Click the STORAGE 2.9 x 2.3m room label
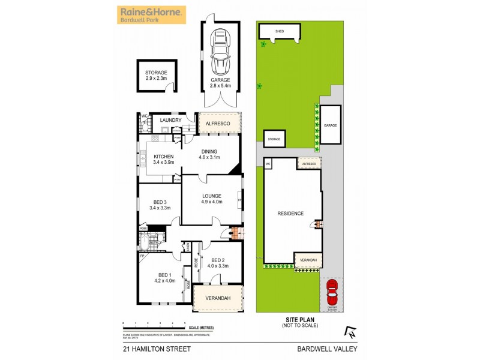[x=155, y=76]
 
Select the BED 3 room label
[x=159, y=205]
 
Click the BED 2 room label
[x=217, y=263]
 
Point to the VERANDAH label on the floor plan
[x=218, y=298]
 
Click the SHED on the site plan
[x=279, y=31]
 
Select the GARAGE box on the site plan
[x=330, y=125]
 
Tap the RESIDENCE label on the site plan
[x=291, y=214]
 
